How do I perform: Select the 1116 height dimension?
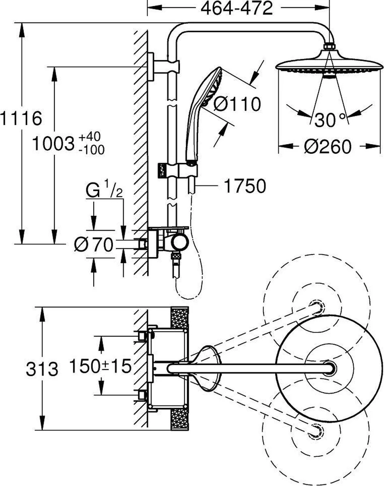21,119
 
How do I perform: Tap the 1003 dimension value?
52,145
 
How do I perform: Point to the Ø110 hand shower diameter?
237,105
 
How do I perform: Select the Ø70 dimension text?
94,245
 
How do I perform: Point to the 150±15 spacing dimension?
100,367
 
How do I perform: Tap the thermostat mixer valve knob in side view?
179,243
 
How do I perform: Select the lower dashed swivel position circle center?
315,431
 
